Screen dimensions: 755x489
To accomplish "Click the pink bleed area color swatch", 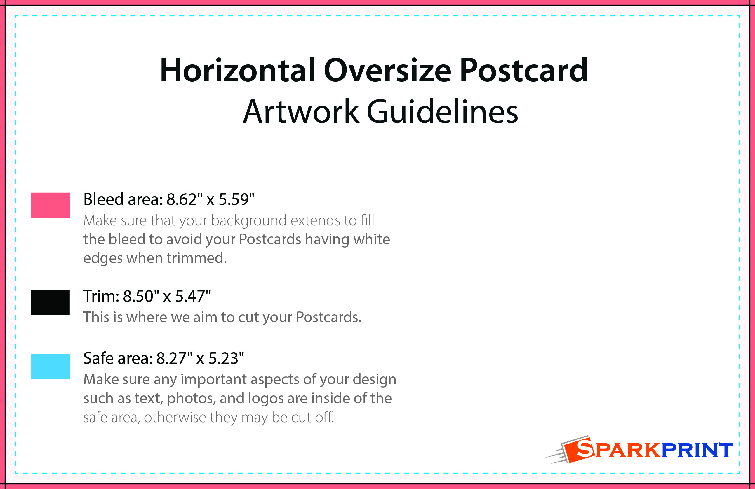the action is point(51,205).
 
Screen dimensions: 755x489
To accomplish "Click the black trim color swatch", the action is point(50,302).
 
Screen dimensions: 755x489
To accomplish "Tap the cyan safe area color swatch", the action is point(51,366).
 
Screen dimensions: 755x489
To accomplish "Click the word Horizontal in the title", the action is point(238,70).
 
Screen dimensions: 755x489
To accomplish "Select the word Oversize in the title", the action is point(387,70).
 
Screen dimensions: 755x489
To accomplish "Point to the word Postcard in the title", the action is point(524,70).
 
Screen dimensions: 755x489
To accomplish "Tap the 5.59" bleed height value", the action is point(236,199).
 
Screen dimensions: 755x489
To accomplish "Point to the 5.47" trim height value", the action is point(193,296).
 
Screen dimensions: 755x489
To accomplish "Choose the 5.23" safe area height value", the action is point(226,358).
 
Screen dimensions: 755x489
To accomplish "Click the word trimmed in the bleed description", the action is point(197,258).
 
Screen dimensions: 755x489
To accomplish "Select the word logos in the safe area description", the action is point(266,399).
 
